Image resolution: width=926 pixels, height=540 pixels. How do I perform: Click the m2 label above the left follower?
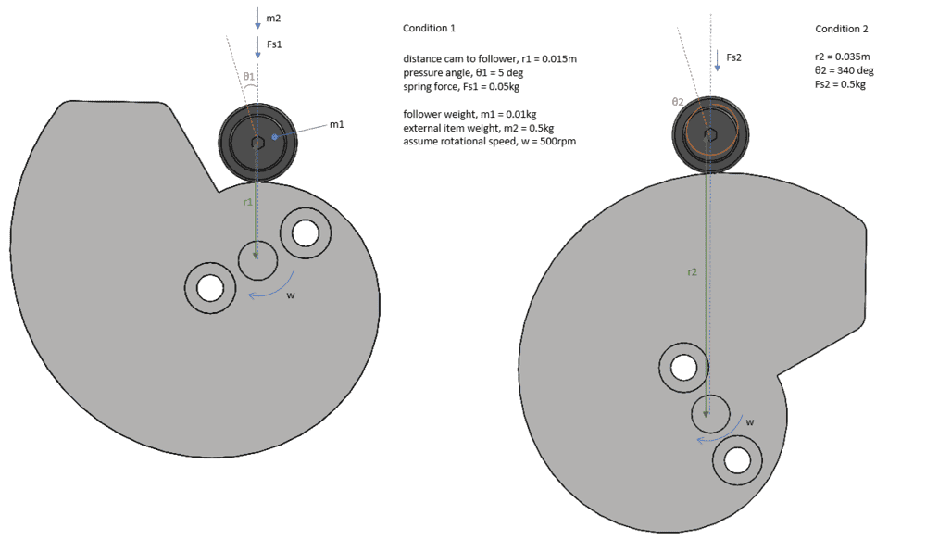(x=273, y=19)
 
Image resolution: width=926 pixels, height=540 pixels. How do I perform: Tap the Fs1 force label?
(x=275, y=44)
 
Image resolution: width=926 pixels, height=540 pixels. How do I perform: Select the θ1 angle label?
(x=248, y=76)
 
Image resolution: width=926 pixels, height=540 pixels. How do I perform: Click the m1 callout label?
(x=337, y=124)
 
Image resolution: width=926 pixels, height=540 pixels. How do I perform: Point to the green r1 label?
(x=248, y=202)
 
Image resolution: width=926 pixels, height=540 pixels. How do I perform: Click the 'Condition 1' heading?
(x=429, y=28)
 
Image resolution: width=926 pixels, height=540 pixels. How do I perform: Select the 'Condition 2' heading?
(x=842, y=29)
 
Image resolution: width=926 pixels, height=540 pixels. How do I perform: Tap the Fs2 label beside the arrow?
(x=733, y=57)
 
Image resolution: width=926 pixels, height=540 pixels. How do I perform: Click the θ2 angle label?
(x=678, y=102)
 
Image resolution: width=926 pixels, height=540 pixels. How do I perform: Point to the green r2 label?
(x=692, y=271)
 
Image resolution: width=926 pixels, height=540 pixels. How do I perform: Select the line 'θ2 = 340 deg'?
(x=844, y=70)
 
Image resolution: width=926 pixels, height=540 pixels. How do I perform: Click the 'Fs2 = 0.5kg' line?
(x=840, y=84)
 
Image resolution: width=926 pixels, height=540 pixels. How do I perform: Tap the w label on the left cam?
(x=290, y=295)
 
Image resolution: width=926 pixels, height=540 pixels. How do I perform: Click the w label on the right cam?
(x=749, y=421)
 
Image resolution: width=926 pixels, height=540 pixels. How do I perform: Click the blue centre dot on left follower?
(x=274, y=137)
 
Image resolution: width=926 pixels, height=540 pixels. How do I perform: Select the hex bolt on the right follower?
(x=710, y=135)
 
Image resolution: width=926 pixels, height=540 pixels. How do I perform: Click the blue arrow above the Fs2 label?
(x=717, y=61)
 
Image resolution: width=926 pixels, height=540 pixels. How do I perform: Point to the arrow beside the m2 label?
(x=257, y=19)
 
